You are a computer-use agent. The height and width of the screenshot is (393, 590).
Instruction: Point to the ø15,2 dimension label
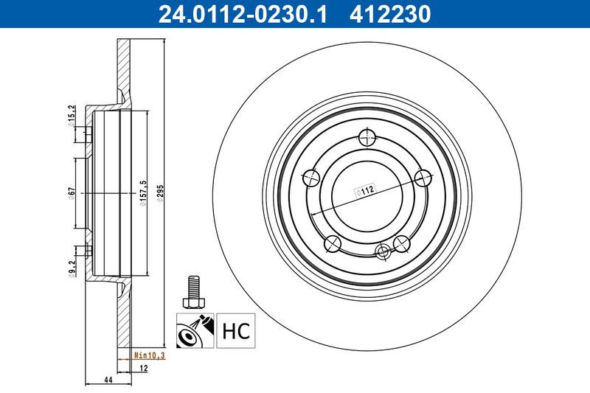click(x=72, y=117)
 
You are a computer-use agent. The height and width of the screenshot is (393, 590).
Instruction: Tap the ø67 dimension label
click(x=72, y=193)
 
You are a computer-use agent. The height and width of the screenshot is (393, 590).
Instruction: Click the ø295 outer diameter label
click(x=160, y=193)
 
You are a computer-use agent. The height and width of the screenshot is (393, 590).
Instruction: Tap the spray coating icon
click(x=194, y=331)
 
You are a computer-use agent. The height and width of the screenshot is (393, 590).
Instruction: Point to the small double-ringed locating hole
click(x=382, y=251)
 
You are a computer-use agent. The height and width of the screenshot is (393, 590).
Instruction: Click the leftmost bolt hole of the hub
click(x=312, y=177)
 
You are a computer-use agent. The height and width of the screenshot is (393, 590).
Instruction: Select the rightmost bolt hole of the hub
click(x=423, y=177)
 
